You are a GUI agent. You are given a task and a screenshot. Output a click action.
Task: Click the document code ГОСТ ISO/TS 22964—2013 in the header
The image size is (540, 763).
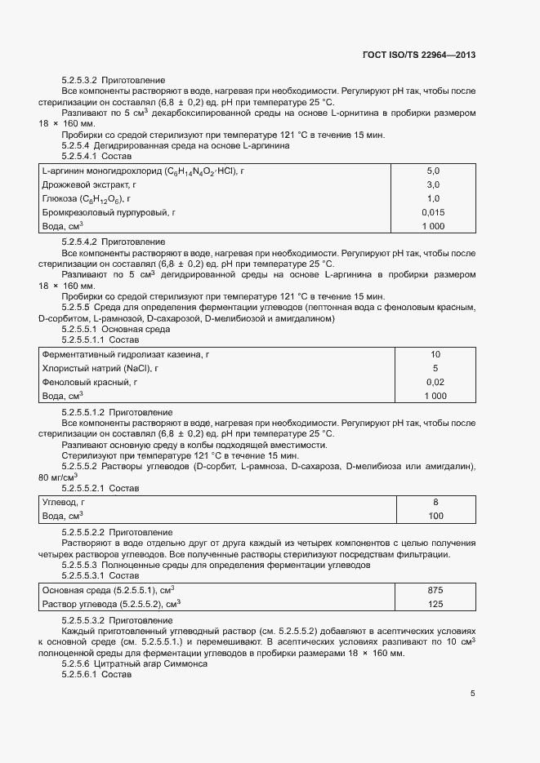click(x=418, y=55)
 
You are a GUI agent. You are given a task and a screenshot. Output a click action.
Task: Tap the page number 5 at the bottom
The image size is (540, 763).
click(x=472, y=694)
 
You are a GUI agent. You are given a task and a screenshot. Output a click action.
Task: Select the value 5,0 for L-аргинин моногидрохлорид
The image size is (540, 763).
click(x=433, y=171)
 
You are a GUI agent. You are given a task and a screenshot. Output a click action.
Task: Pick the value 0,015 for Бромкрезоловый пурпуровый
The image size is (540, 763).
click(x=433, y=212)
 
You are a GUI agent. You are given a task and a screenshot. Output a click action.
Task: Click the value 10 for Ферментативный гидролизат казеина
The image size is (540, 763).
click(x=435, y=354)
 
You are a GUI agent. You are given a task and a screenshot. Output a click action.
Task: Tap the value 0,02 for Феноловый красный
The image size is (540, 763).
click(x=435, y=382)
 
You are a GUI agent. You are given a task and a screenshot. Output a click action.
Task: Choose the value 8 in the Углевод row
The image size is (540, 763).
click(x=435, y=503)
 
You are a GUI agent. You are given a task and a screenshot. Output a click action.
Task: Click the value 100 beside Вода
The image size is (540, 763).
click(x=435, y=517)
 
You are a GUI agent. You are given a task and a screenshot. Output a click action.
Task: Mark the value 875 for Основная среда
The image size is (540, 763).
click(x=435, y=590)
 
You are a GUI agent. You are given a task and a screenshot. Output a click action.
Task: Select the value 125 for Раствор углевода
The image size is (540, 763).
click(x=435, y=604)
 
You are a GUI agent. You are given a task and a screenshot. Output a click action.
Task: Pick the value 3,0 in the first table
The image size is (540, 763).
click(x=433, y=184)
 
